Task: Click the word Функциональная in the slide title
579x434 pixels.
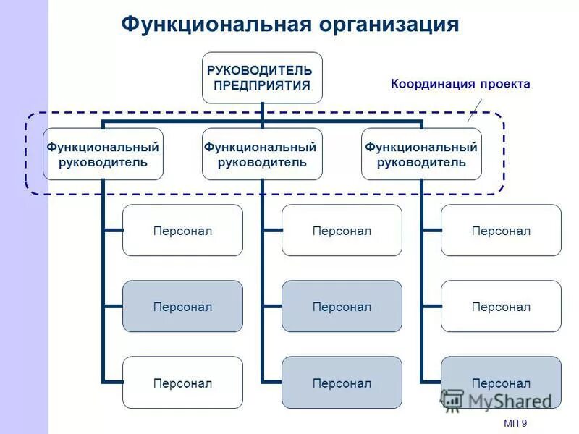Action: tap(216, 24)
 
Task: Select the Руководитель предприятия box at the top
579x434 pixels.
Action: tap(262, 77)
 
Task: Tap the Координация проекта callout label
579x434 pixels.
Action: tap(460, 84)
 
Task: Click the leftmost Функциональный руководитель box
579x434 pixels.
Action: tap(103, 154)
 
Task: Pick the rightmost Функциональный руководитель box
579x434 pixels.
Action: tap(421, 154)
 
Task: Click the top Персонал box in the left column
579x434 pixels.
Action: tap(182, 230)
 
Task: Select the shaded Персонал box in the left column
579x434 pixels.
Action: tap(182, 306)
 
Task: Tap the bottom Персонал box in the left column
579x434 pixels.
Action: tap(182, 382)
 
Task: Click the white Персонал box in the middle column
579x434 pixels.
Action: tap(342, 230)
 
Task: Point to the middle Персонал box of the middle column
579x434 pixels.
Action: tap(342, 306)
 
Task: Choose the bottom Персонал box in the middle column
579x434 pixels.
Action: tap(342, 382)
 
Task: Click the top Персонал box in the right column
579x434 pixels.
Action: tap(501, 230)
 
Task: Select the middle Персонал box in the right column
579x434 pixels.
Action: tap(501, 306)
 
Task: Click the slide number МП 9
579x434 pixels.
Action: tap(515, 423)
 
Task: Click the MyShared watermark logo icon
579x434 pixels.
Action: tap(452, 400)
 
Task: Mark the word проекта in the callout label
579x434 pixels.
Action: tap(504, 84)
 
